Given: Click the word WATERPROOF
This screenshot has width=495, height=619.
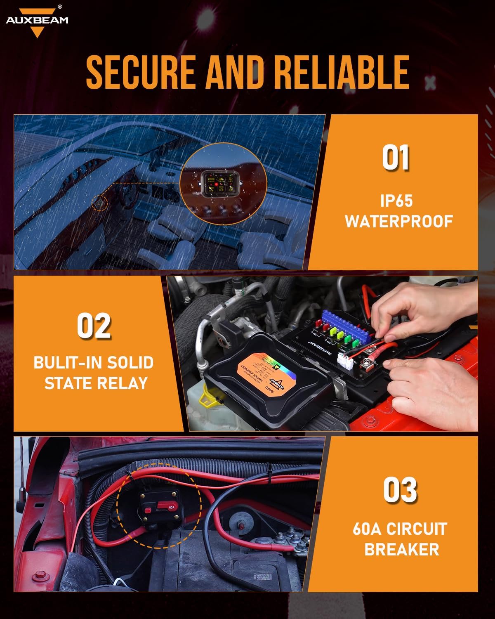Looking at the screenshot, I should point(399,222).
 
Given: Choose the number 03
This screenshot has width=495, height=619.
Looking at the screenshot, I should point(400,490).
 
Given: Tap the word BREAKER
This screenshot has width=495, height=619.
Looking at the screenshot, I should point(401,549).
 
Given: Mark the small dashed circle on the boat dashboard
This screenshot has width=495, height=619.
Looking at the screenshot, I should point(99,203).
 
